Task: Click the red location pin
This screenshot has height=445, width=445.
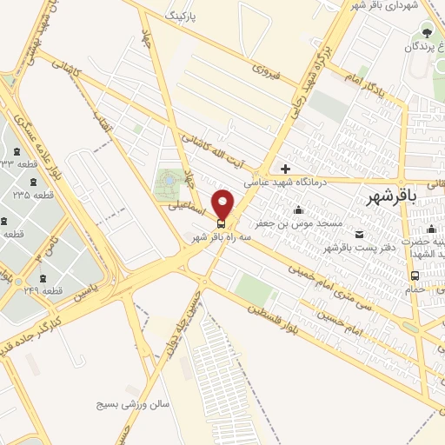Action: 222,203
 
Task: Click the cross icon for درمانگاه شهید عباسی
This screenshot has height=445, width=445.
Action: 285,168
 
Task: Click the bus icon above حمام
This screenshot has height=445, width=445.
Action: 415,276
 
